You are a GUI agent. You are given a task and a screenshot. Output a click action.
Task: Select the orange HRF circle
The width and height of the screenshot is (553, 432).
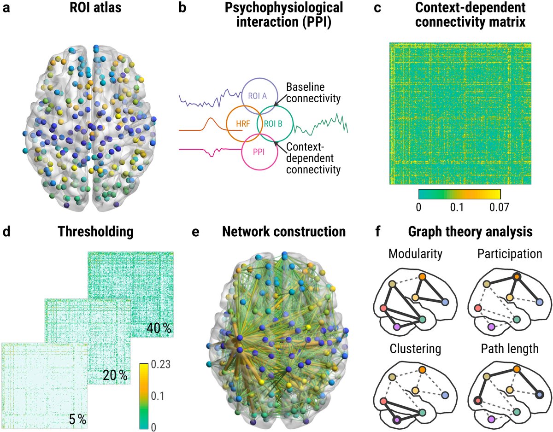[x=243, y=123]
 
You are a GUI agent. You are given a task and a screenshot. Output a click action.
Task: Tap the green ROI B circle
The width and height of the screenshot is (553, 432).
[x=275, y=123]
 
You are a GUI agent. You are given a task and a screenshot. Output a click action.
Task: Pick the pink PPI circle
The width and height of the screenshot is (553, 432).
[x=259, y=152]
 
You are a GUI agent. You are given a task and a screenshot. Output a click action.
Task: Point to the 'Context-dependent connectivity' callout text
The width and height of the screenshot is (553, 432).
[x=313, y=158]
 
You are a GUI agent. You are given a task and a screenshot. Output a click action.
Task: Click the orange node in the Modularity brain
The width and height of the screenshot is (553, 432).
[x=422, y=277]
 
